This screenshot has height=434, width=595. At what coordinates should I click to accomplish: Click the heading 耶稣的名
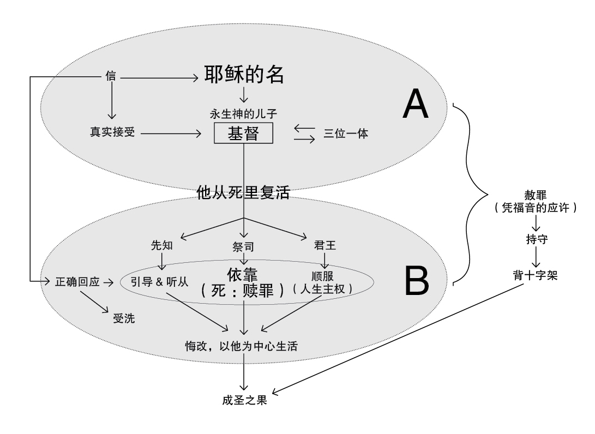click(x=244, y=75)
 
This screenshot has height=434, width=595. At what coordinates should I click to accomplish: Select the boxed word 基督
click(x=243, y=132)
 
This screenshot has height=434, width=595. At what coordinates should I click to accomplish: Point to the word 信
click(x=111, y=77)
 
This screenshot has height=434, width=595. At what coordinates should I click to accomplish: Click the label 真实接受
click(x=112, y=132)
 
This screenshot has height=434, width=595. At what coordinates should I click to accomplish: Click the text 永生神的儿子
click(x=243, y=115)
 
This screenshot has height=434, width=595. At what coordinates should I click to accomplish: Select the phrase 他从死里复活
click(x=243, y=192)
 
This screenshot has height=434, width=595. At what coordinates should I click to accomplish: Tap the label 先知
click(x=161, y=245)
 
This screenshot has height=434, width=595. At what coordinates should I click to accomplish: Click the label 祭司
click(x=243, y=247)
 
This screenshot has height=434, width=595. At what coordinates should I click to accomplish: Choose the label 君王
click(x=325, y=245)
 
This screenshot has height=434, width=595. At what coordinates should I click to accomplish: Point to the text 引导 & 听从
click(x=160, y=282)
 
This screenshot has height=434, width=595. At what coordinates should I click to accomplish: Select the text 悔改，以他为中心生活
click(x=242, y=346)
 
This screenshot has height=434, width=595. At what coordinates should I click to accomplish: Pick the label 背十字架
click(x=536, y=276)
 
